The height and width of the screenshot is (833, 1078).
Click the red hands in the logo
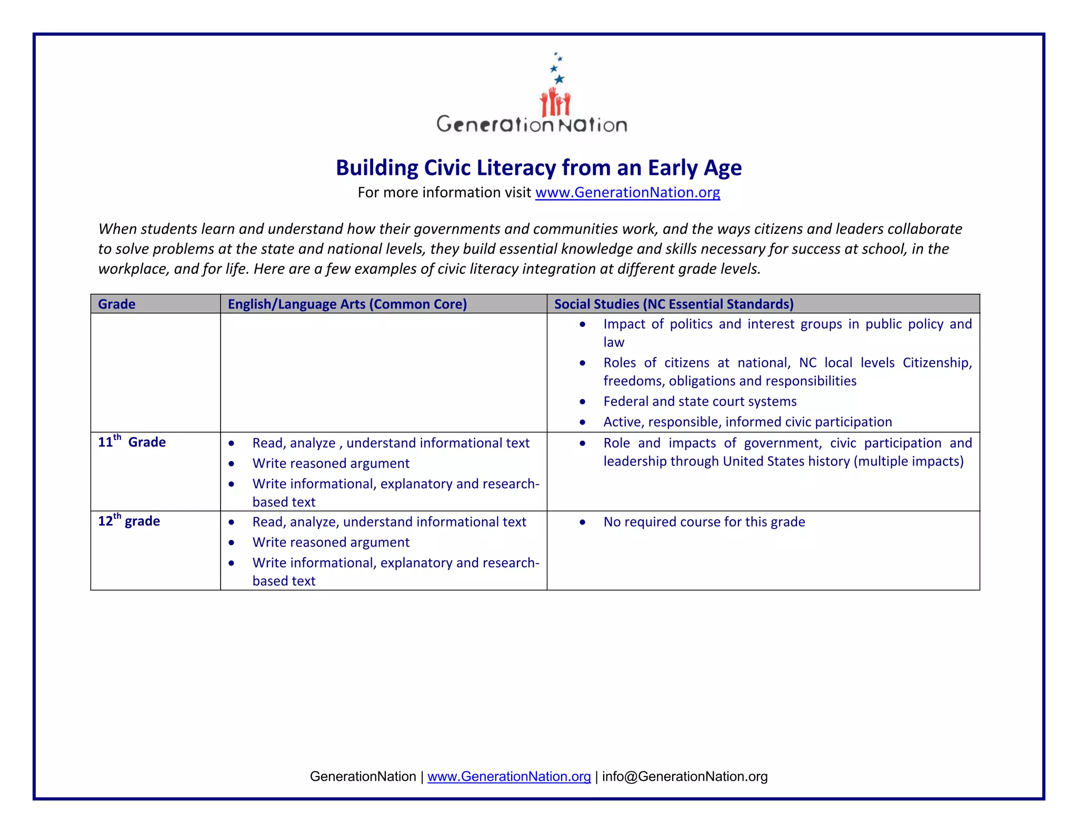tap(555, 103)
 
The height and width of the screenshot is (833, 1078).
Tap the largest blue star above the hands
tap(559, 79)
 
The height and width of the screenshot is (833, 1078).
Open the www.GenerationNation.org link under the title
tap(627, 193)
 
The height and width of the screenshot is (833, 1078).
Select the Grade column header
tap(117, 304)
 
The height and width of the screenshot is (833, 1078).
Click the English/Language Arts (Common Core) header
tap(347, 304)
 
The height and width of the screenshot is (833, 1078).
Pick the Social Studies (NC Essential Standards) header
tap(674, 304)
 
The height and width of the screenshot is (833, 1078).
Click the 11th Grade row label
tap(132, 442)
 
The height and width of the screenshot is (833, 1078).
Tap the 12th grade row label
tap(129, 521)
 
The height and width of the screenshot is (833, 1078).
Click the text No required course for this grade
tap(704, 522)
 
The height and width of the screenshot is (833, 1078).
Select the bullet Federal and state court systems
tap(700, 401)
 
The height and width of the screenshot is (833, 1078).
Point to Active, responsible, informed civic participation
tap(747, 422)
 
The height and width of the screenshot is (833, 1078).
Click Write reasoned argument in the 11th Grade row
tap(331, 463)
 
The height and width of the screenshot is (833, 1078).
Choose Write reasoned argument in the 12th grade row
tap(331, 542)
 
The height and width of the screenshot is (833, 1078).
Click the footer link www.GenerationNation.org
tap(509, 777)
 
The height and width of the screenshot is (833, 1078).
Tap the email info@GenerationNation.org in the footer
tap(684, 777)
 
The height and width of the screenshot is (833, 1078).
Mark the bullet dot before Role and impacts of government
tap(582, 443)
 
